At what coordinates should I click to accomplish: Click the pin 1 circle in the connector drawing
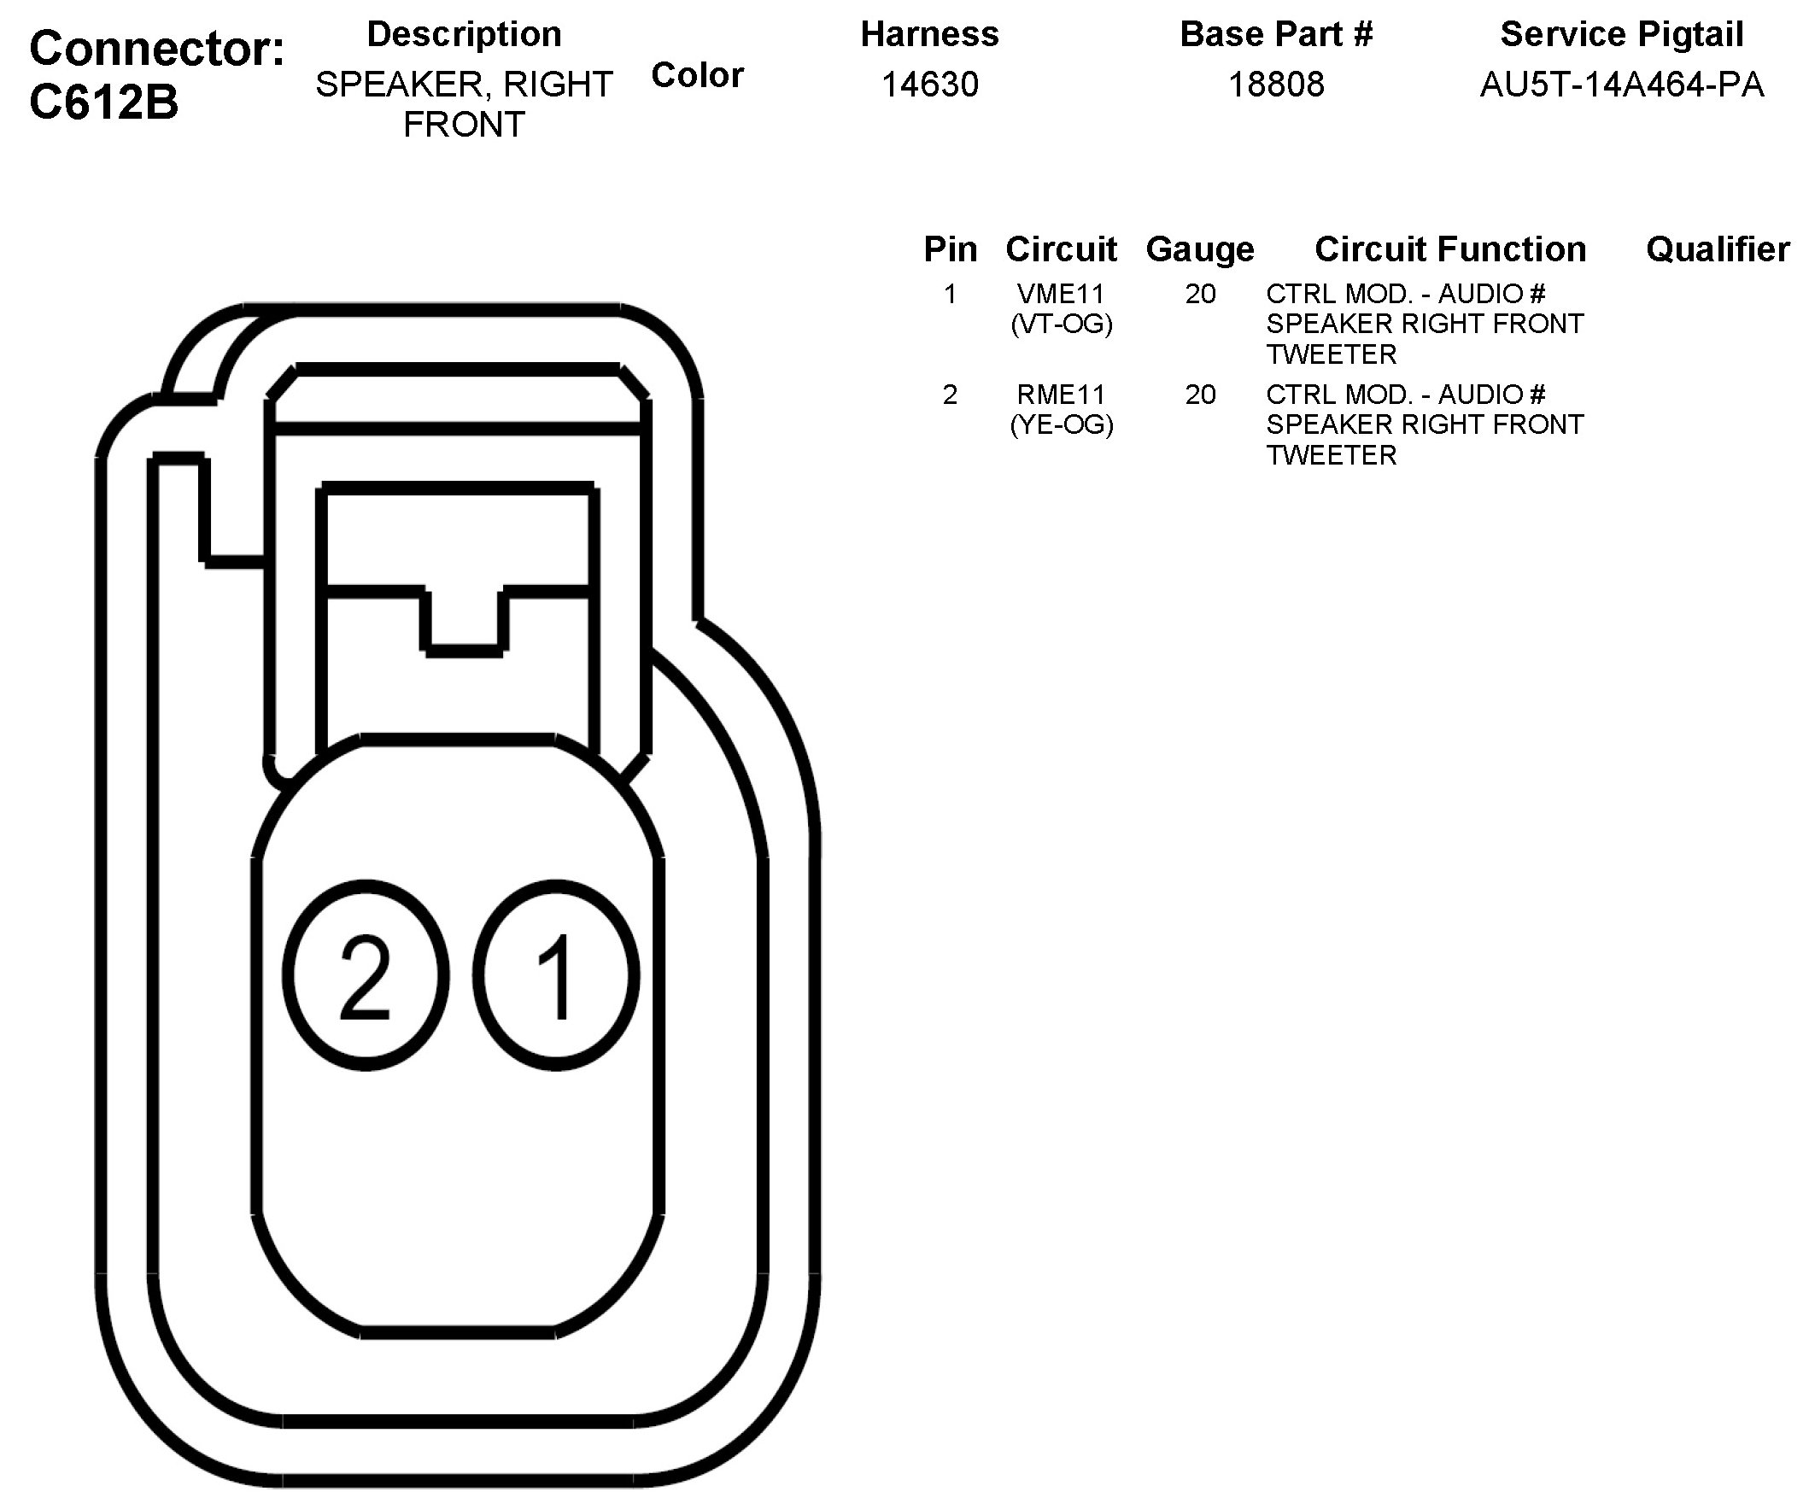557,975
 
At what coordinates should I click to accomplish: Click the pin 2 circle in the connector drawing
366,975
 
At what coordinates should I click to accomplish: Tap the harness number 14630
929,85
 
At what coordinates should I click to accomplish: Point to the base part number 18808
1276,85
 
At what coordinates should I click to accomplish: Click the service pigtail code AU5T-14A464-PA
1621,85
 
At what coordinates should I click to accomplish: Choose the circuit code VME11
1061,295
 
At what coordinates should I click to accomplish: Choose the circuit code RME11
1061,395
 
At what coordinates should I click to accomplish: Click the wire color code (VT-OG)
1062,325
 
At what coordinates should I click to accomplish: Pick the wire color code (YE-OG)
1062,425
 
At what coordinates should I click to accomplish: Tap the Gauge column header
1200,249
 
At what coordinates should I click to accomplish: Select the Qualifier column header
1718,249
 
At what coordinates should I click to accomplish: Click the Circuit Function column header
1449,249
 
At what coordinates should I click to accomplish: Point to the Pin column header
950,249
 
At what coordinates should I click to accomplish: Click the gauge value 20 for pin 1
1200,295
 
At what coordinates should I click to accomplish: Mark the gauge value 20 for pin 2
1200,395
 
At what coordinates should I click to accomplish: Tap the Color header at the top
697,76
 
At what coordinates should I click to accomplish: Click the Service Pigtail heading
1621,34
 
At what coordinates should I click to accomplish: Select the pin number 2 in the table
950,395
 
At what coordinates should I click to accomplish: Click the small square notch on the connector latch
465,620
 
